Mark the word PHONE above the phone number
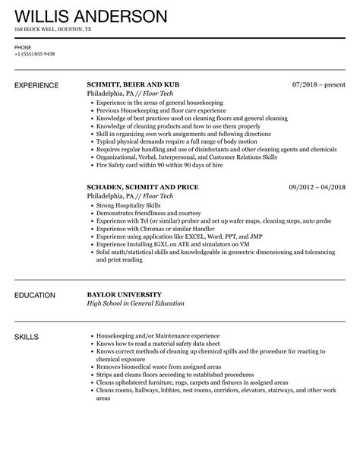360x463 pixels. [x=23, y=47]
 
